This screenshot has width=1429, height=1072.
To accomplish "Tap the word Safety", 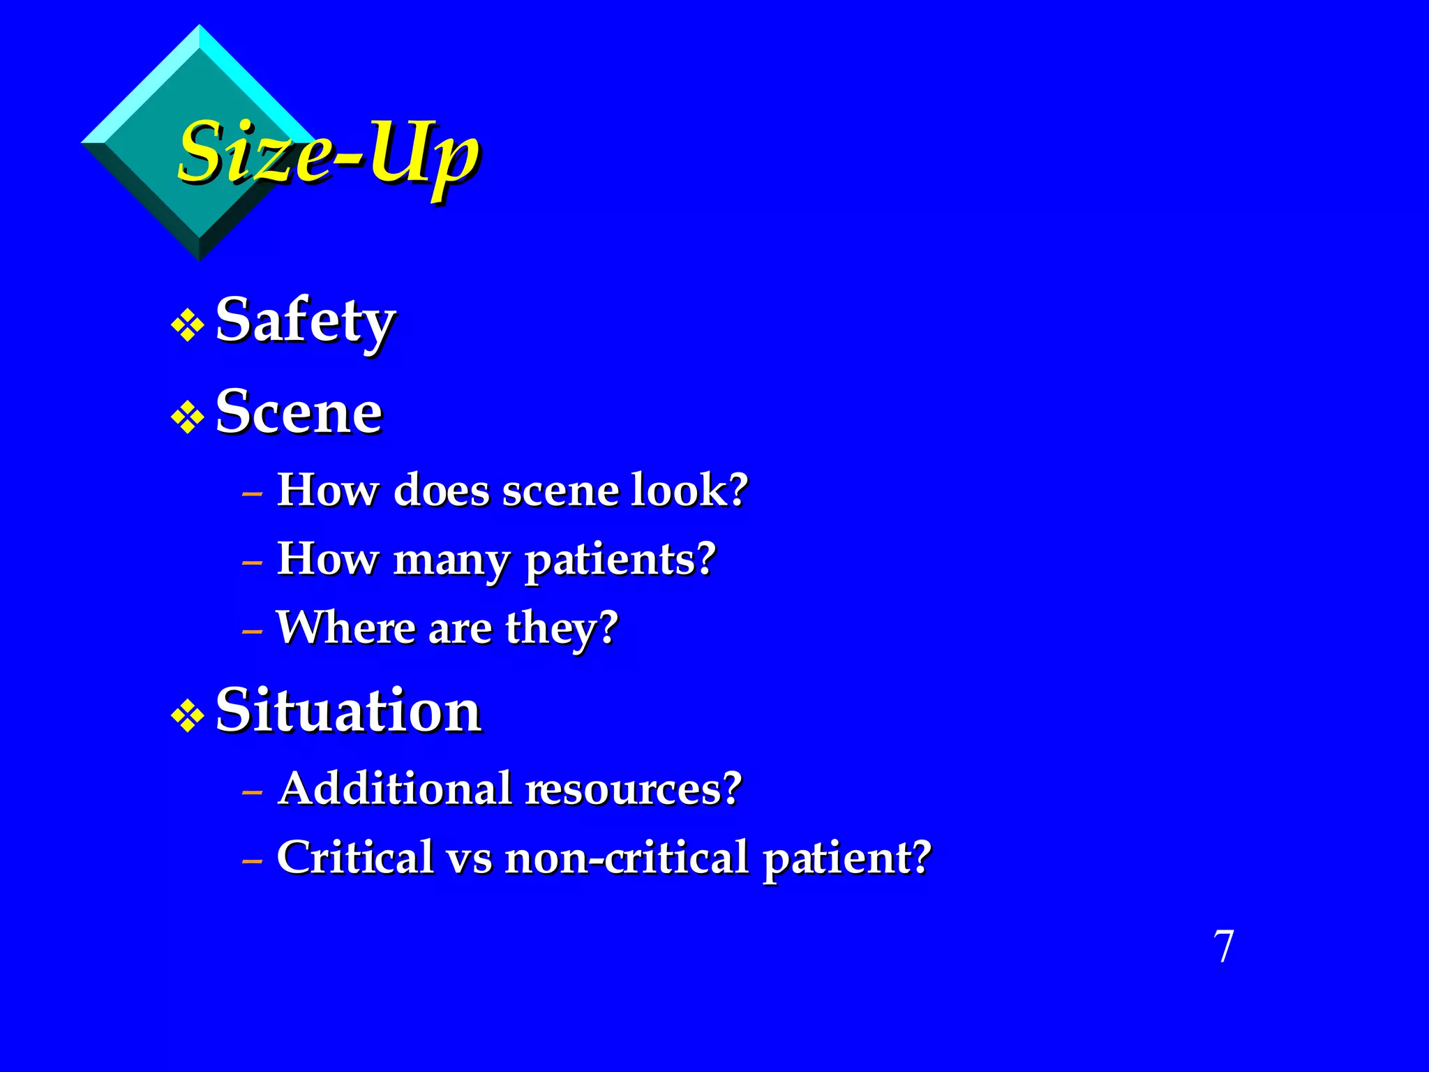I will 306,321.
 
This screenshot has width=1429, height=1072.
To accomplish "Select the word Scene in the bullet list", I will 299,412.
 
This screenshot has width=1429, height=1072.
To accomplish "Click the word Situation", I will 348,710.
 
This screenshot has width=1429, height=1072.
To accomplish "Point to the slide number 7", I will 1224,947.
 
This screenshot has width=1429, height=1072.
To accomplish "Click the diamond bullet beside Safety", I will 188,326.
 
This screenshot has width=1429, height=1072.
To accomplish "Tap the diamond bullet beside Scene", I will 188,417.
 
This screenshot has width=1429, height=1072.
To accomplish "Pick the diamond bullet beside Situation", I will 188,716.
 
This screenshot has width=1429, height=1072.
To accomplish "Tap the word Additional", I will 395,789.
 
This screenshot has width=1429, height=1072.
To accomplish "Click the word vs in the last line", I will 469,858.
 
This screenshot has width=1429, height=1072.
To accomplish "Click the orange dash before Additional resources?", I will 252,793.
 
